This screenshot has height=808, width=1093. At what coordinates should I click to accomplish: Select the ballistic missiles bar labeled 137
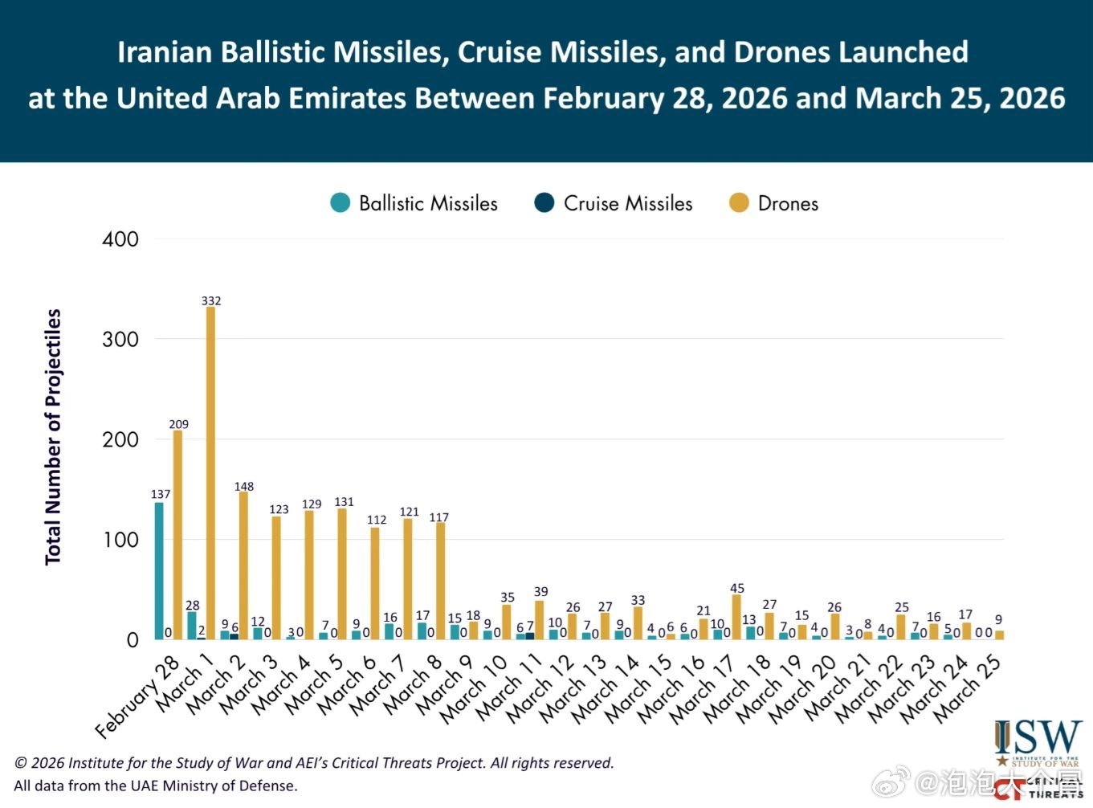click(x=159, y=570)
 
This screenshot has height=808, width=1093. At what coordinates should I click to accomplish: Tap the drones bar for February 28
click(x=177, y=534)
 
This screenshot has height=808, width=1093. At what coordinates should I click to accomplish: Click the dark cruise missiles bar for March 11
click(x=529, y=636)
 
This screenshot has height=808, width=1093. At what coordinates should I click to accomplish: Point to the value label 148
click(x=244, y=487)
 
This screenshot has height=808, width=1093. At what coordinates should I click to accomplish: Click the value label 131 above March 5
click(x=344, y=502)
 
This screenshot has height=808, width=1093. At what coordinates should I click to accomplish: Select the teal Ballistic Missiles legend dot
click(x=341, y=203)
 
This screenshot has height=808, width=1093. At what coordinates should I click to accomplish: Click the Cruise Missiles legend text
click(x=628, y=204)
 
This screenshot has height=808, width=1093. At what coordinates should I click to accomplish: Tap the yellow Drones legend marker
click(x=739, y=203)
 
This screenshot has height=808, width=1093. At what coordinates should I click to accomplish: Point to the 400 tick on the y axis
click(x=120, y=239)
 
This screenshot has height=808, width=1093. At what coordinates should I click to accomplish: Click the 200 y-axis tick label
click(x=120, y=439)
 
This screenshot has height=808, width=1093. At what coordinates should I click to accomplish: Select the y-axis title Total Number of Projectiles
click(x=53, y=438)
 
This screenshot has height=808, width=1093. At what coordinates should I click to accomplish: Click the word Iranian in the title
click(x=165, y=52)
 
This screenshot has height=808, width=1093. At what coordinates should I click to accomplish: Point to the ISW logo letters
click(x=1038, y=737)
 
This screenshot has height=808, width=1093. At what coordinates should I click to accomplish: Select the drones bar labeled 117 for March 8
click(x=440, y=581)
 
